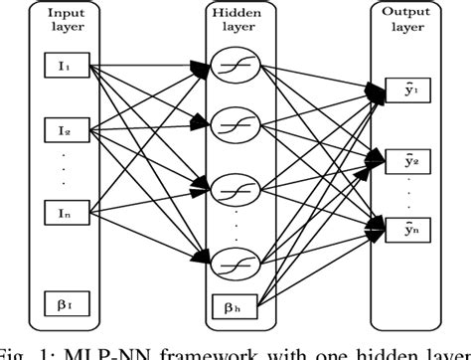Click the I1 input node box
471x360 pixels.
click(61, 67)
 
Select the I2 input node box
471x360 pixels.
click(61, 128)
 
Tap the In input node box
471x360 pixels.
click(61, 213)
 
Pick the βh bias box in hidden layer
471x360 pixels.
click(234, 303)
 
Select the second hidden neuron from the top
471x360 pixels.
click(235, 125)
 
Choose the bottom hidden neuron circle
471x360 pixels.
click(235, 264)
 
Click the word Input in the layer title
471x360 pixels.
click(61, 11)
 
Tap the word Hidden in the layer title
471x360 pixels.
click(235, 11)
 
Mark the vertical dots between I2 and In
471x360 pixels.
click(61, 170)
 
